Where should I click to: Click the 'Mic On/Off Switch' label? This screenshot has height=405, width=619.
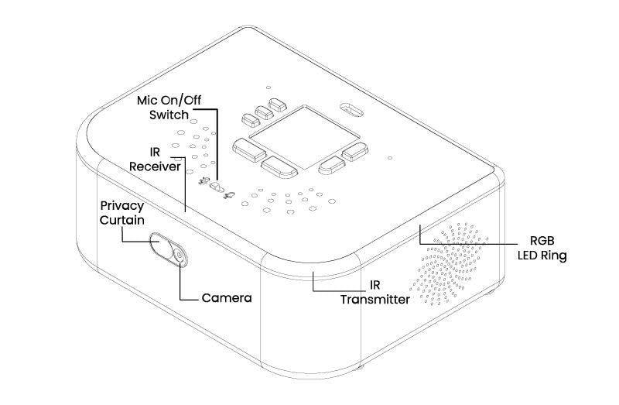(169, 108)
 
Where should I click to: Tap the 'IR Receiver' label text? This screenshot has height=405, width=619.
(155, 160)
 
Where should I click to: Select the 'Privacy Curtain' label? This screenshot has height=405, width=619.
(122, 213)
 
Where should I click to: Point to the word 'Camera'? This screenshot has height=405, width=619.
(227, 298)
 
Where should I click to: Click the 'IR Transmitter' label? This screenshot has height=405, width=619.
(375, 292)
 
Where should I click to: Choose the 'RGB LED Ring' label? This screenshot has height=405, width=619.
(542, 248)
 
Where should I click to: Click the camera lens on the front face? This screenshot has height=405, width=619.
(180, 256)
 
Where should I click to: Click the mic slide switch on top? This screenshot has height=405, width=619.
(217, 187)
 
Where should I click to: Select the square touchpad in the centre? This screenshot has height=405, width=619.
(304, 137)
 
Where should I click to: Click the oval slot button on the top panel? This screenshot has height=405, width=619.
(351, 110)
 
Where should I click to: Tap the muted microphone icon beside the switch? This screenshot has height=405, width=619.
(203, 180)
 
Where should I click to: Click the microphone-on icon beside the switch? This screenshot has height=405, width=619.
(230, 195)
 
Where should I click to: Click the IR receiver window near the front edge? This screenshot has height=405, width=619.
(178, 160)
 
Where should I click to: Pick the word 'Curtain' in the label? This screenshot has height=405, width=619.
(122, 220)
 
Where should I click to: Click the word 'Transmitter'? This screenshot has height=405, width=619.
(375, 300)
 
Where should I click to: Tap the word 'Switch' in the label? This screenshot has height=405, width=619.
(169, 115)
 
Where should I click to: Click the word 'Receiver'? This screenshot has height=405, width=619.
(155, 166)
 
